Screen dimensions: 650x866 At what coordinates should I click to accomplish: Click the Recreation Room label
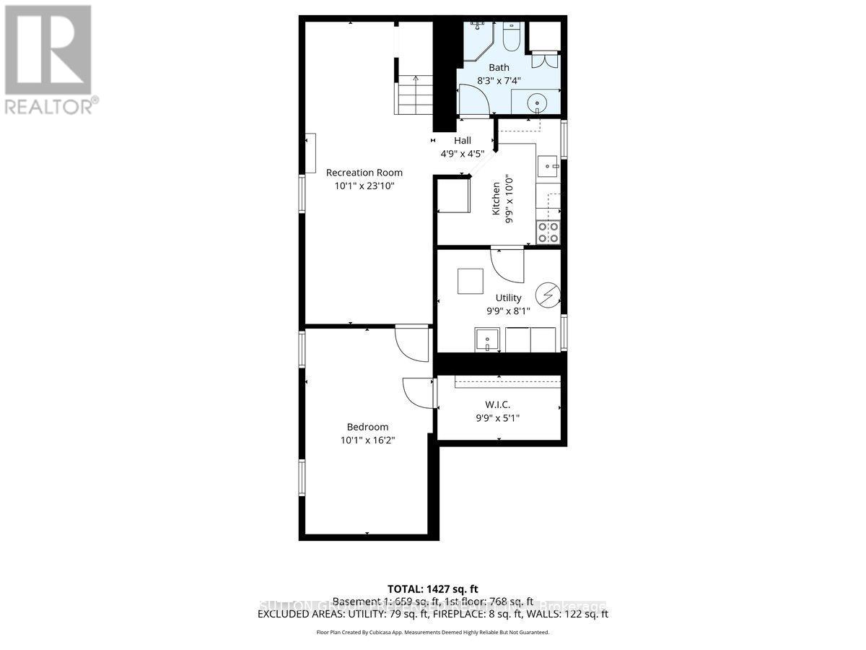[364, 173]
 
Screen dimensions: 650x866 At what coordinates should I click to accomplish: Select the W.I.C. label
[498, 405]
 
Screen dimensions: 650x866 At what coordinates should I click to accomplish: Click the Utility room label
[508, 298]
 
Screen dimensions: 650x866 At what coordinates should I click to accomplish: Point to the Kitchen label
[497, 199]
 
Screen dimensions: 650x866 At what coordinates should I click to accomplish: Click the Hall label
[462, 141]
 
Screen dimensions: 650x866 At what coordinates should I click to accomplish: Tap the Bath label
[499, 67]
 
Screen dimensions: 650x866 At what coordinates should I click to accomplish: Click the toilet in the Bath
[511, 36]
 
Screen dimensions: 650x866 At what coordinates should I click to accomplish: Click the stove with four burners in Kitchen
[548, 233]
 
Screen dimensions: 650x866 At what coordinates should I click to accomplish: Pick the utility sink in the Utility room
[487, 339]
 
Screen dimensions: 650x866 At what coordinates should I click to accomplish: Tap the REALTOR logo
[49, 60]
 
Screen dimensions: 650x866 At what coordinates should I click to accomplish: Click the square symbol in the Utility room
[471, 281]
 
